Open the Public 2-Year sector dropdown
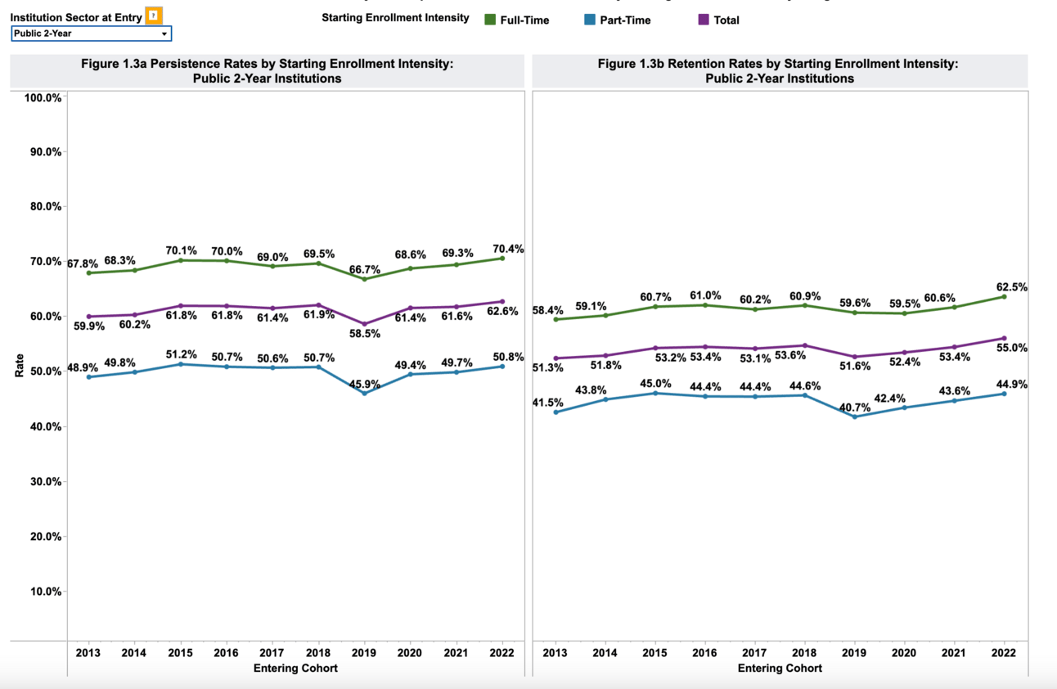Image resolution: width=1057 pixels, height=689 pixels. (x=91, y=34)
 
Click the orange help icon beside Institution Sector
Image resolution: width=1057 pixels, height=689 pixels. (x=154, y=16)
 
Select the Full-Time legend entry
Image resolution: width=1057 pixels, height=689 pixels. (x=517, y=20)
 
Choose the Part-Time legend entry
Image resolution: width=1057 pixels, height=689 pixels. (x=618, y=20)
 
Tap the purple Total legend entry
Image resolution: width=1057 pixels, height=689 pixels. (x=719, y=20)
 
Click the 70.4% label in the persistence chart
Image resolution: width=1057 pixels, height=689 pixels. (x=508, y=249)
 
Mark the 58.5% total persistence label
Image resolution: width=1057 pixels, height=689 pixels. (x=364, y=334)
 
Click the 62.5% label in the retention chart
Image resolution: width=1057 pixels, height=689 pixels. (x=1012, y=287)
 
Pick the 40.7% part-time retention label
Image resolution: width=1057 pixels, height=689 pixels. (x=855, y=407)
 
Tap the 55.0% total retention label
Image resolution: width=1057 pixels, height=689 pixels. (x=1012, y=348)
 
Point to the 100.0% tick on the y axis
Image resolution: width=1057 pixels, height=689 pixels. (x=43, y=97)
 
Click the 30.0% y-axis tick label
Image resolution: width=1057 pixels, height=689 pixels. (x=45, y=482)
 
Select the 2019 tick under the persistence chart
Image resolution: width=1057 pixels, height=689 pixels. (x=363, y=653)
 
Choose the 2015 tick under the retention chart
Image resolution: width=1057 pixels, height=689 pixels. (x=654, y=653)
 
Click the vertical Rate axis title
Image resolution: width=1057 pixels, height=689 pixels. (x=20, y=366)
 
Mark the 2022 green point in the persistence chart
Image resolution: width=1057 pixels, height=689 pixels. (x=502, y=259)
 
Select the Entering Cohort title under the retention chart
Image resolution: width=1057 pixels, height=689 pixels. (x=780, y=668)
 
